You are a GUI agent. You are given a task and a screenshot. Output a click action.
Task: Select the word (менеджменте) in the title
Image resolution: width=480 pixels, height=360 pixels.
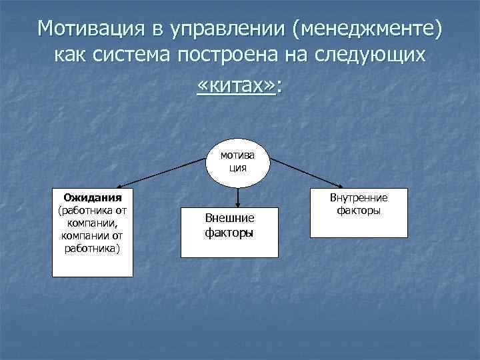click(363, 29)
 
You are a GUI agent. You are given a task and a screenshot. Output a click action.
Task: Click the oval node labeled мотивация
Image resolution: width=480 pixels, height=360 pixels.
click(238, 163)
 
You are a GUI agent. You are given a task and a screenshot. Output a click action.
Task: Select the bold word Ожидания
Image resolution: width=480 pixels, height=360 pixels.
click(92, 197)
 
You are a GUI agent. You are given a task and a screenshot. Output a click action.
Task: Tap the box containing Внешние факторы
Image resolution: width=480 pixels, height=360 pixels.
click(229, 226)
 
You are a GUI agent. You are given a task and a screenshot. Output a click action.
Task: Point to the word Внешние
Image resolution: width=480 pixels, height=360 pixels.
click(229, 219)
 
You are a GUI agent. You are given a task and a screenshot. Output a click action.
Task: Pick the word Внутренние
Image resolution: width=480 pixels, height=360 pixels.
click(358, 198)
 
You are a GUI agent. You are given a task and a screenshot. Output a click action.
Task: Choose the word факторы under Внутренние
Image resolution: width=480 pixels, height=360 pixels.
click(358, 210)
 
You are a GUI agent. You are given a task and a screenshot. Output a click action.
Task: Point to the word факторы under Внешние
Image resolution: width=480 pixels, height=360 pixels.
click(229, 233)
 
